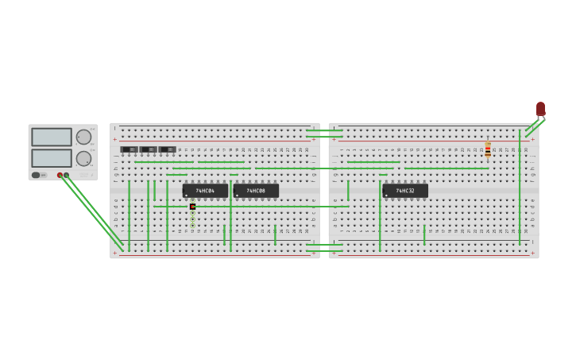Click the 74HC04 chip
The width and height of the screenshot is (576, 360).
(205, 191)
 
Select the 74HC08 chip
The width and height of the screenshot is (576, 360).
(256, 191)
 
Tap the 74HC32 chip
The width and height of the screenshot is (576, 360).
(405, 191)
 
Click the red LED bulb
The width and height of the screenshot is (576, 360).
(540, 108)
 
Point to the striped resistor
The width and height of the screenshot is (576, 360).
(488, 149)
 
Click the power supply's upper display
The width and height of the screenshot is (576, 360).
(52, 137)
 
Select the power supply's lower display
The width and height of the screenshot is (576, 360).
(52, 157)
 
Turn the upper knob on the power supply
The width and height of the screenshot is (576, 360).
(83, 137)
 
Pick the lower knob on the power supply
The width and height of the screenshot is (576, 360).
(83, 157)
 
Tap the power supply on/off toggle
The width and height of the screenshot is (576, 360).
(37, 175)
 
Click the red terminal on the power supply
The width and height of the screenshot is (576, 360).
(60, 175)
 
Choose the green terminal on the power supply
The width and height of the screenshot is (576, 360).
(66, 175)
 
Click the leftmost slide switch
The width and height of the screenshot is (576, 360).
(129, 149)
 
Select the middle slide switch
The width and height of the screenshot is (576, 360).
(148, 149)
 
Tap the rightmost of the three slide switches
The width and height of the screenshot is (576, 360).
(167, 149)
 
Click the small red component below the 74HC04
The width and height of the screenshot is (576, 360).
(192, 207)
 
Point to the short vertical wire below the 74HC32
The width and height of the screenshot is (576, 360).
(424, 234)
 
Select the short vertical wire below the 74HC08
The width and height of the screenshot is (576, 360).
(275, 234)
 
